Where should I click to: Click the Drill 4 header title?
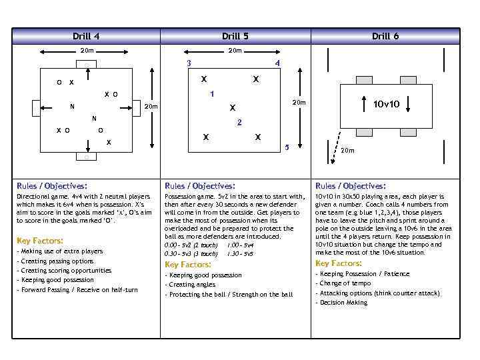pyautogui.click(x=86, y=36)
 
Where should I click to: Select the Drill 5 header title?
pyautogui.click(x=235, y=36)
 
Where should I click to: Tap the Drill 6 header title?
pyautogui.click(x=385, y=36)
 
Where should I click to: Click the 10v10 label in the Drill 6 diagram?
pyautogui.click(x=386, y=104)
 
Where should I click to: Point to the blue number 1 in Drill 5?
pyautogui.click(x=211, y=93)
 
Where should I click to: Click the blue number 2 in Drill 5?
pyautogui.click(x=239, y=123)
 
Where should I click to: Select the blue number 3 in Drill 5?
pyautogui.click(x=189, y=63)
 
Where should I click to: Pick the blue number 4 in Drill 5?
pyautogui.click(x=277, y=63)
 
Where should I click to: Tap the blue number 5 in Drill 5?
pyautogui.click(x=287, y=147)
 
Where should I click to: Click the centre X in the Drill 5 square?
pyautogui.click(x=232, y=108)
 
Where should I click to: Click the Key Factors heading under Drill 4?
pyautogui.click(x=40, y=240)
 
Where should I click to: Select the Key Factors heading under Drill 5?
pyautogui.click(x=187, y=265)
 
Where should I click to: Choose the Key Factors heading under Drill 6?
pyautogui.click(x=338, y=263)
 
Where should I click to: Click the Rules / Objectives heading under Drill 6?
pyautogui.click(x=350, y=186)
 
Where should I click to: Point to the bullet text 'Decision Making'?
pyautogui.click(x=343, y=303)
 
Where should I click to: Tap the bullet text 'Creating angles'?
pyautogui.click(x=192, y=285)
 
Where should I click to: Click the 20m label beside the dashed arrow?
pyautogui.click(x=347, y=151)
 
